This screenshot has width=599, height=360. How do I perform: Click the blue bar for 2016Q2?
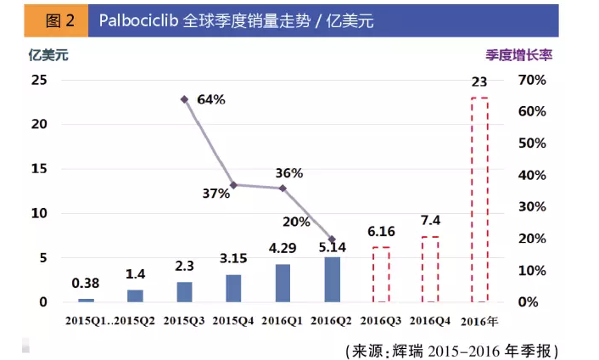pyautogui.click(x=333, y=279)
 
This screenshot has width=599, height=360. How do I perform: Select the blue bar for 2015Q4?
pyautogui.click(x=234, y=288)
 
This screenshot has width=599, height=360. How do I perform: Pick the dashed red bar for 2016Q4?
pyautogui.click(x=430, y=269)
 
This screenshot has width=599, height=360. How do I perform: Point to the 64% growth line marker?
pyautogui.click(x=184, y=99)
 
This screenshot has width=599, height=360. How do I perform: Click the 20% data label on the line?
pyautogui.click(x=296, y=222)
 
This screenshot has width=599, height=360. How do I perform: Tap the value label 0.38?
pyautogui.click(x=86, y=284)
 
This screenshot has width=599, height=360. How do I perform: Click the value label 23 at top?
pyautogui.click(x=479, y=82)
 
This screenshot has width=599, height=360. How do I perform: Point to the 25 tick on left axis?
pyautogui.click(x=39, y=80)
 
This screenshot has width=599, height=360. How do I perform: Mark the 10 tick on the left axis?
pyautogui.click(x=39, y=213)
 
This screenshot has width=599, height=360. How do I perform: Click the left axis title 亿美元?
pyautogui.click(x=48, y=55)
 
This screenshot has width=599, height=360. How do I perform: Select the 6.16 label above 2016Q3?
pyautogui.click(x=381, y=232)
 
